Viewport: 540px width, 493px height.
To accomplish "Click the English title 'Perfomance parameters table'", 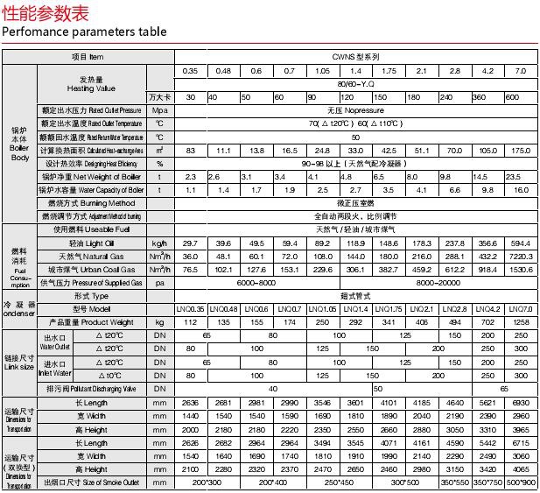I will click(x=83, y=32).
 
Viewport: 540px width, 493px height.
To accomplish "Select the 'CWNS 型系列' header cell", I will click(x=355, y=56).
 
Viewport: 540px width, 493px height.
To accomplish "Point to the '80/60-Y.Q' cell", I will click(x=355, y=83).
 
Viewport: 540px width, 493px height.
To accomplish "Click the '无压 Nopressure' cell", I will click(x=355, y=110).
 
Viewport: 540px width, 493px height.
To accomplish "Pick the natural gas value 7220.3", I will click(x=520, y=256).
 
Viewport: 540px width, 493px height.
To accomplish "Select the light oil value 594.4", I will click(x=520, y=243).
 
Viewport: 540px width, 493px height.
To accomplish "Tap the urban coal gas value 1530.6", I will click(x=520, y=270).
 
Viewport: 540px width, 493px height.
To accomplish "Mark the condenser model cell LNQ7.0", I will click(x=520, y=309).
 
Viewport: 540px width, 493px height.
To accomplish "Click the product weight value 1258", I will click(x=520, y=322).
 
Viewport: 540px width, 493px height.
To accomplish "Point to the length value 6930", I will click(x=520, y=403).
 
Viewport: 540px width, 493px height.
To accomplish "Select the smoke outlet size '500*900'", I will click(x=520, y=482).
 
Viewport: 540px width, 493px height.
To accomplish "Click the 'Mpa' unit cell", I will click(x=159, y=110).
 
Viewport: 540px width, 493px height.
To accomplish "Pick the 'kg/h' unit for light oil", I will click(x=159, y=243).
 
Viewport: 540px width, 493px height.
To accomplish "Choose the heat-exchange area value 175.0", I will click(x=520, y=151).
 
